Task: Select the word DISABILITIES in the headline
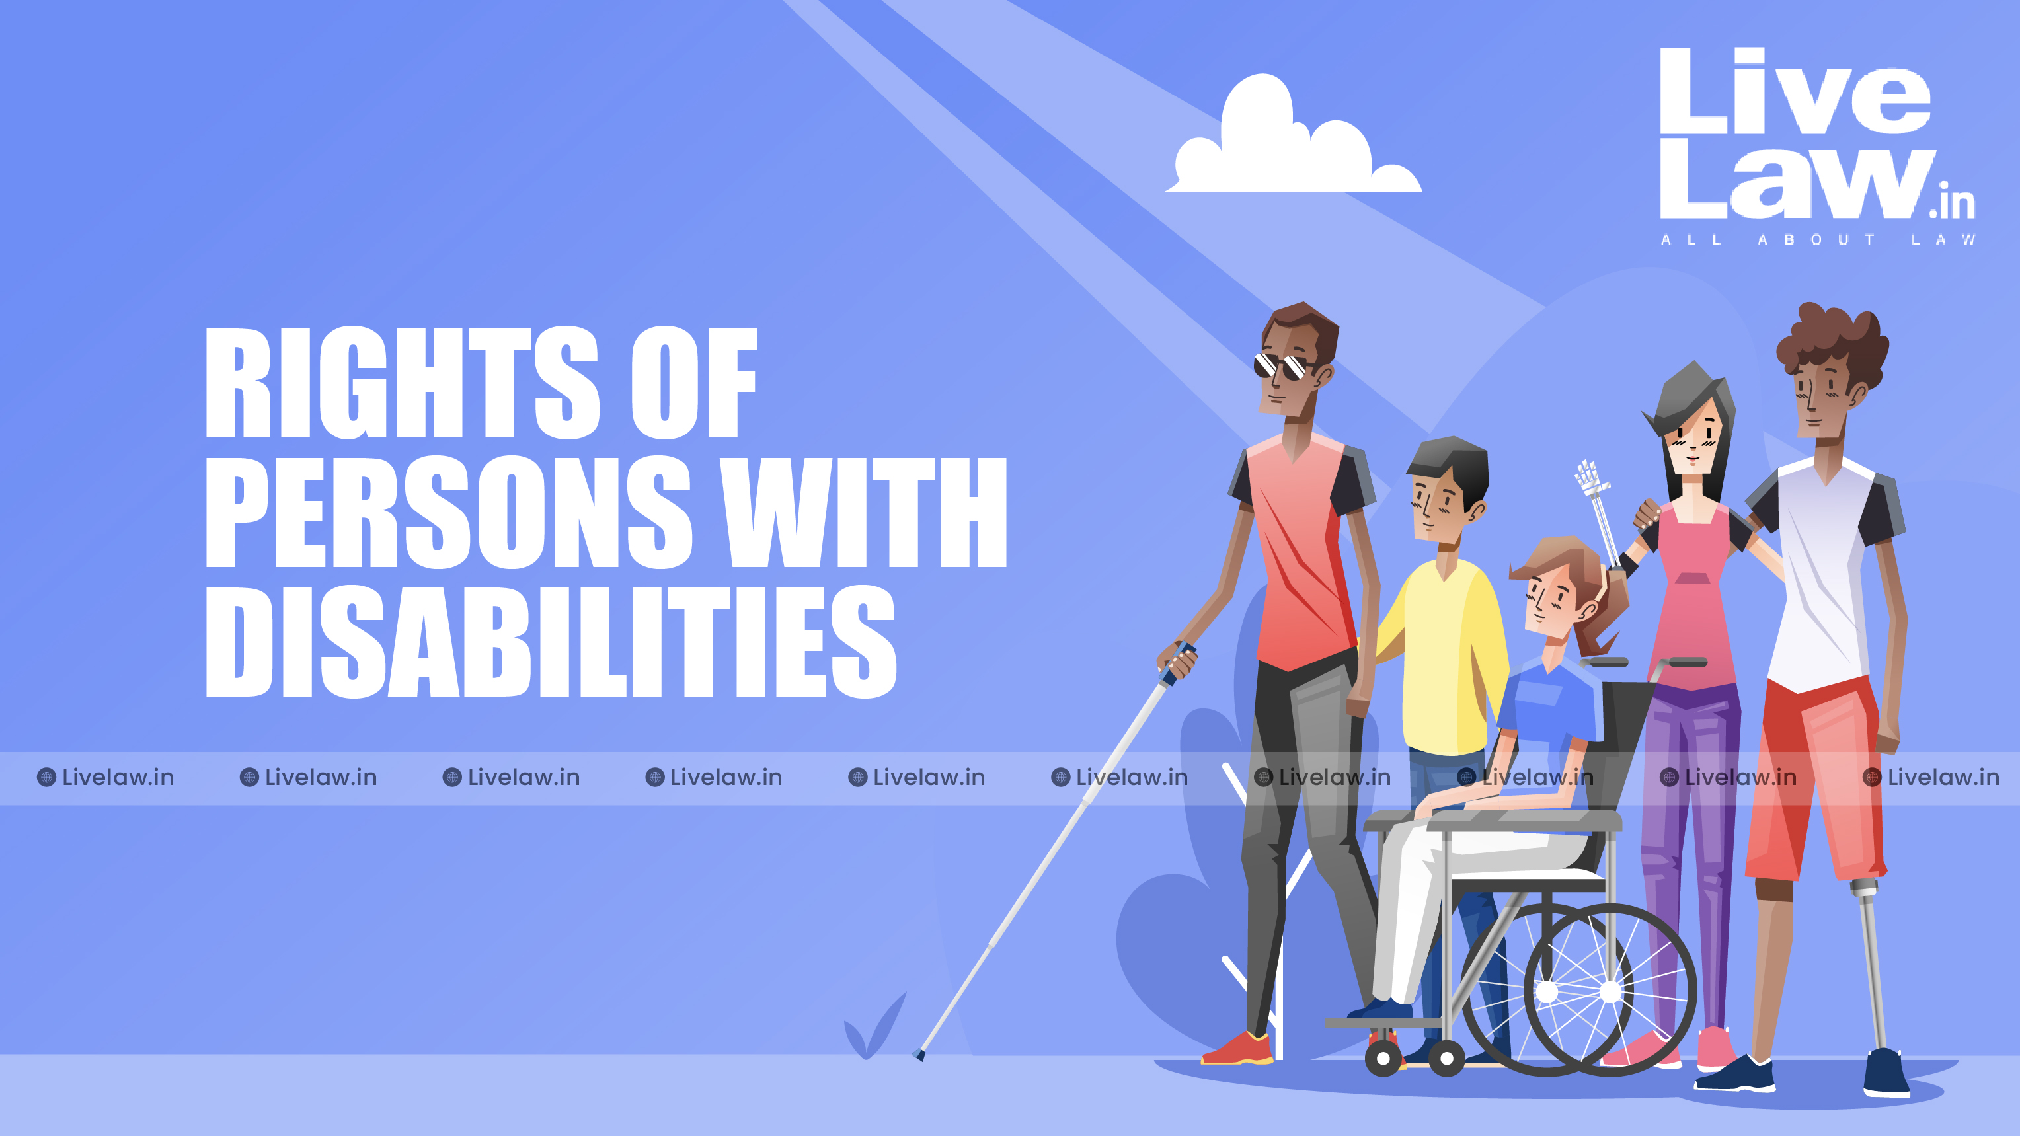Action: click(551, 641)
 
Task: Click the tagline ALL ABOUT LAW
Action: click(1817, 240)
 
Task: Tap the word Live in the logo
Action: click(1794, 92)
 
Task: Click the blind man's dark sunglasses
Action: click(1283, 366)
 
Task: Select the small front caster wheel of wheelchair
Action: click(1383, 1059)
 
